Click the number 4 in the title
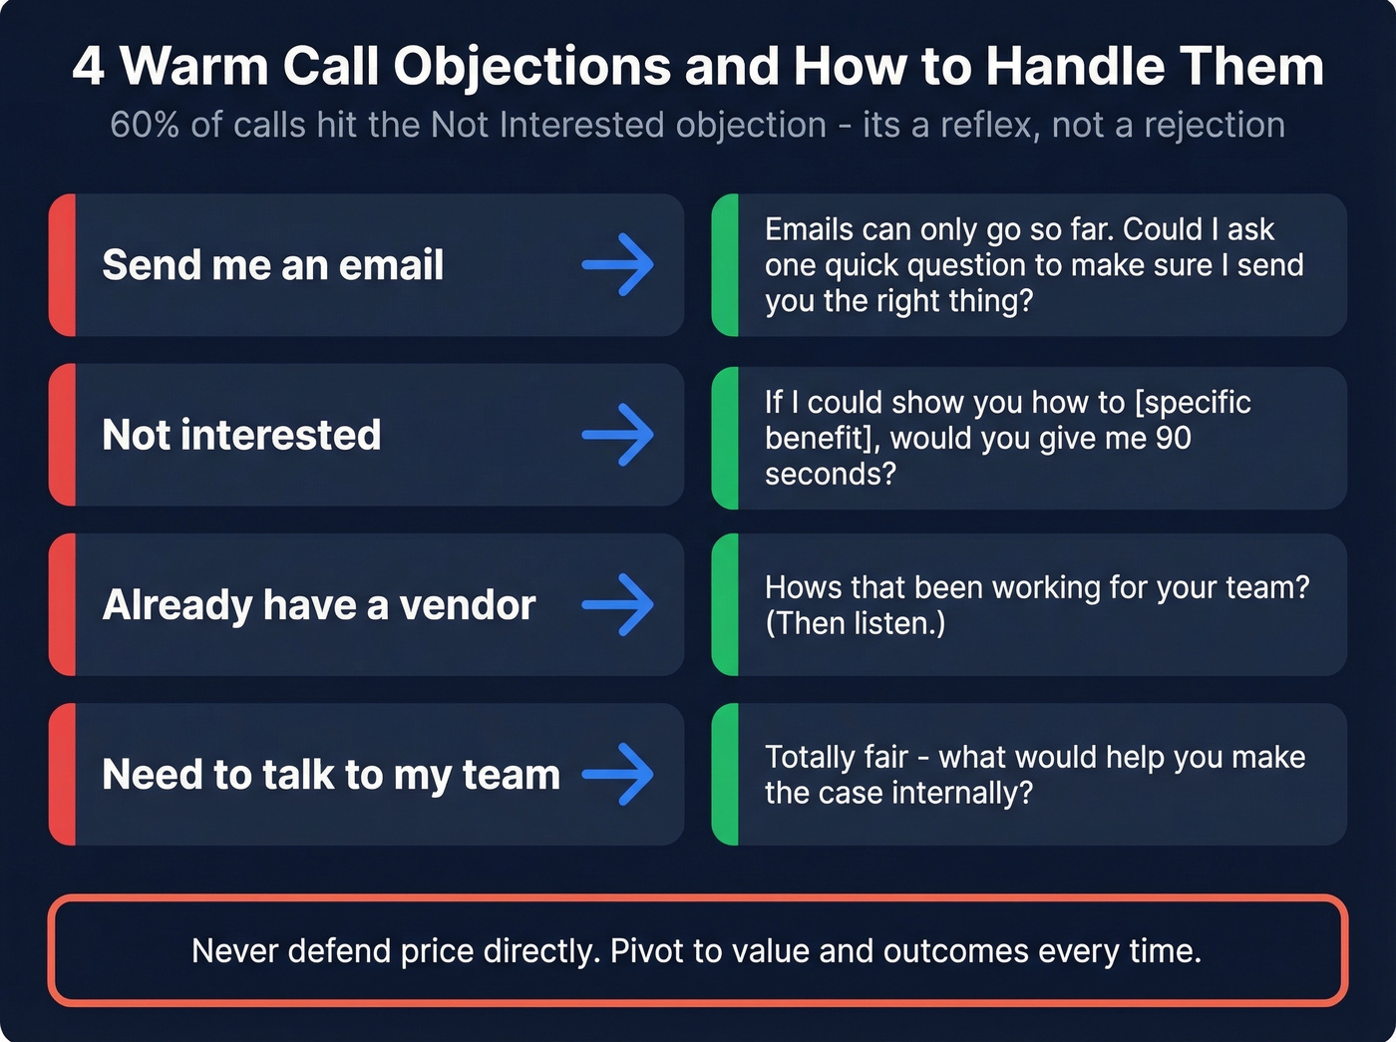point(88,67)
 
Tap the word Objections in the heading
point(531,67)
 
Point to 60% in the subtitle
point(146,125)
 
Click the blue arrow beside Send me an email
point(618,264)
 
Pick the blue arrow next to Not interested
point(618,435)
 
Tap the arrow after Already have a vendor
point(618,604)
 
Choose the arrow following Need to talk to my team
point(618,774)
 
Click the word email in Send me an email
point(391,265)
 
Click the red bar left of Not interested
point(62,435)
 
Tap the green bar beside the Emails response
point(725,265)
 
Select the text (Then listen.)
point(855,623)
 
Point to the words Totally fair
point(836,757)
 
